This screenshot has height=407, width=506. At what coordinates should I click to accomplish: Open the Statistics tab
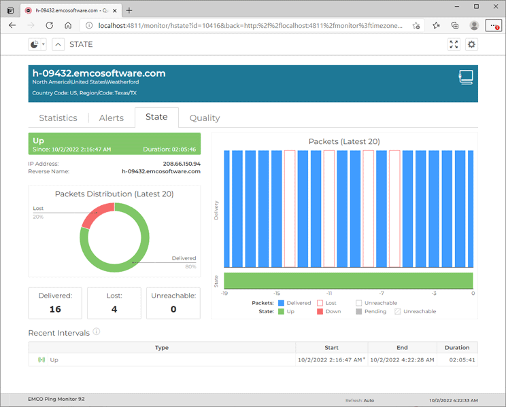[58, 118]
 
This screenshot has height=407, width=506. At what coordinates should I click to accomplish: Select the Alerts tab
[112, 118]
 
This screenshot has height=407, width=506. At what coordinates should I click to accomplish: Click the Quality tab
[204, 118]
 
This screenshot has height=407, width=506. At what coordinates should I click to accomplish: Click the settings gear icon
[471, 44]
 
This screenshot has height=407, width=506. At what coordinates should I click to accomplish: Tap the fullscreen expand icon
[454, 44]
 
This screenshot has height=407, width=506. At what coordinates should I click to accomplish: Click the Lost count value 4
[114, 308]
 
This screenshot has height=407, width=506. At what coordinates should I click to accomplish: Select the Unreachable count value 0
[173, 308]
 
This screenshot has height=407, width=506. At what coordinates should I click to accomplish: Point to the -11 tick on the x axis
[328, 294]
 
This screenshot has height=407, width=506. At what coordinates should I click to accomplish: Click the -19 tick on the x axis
[224, 294]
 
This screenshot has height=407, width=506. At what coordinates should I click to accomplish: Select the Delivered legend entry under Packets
[294, 303]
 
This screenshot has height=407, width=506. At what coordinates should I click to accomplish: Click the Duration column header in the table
[457, 347]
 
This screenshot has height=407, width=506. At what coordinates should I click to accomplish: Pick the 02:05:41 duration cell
[462, 359]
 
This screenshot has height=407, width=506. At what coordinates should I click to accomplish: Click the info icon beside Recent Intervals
[97, 332]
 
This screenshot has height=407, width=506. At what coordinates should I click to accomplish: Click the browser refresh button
[49, 25]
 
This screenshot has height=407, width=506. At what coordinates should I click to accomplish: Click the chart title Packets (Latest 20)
[344, 141]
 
